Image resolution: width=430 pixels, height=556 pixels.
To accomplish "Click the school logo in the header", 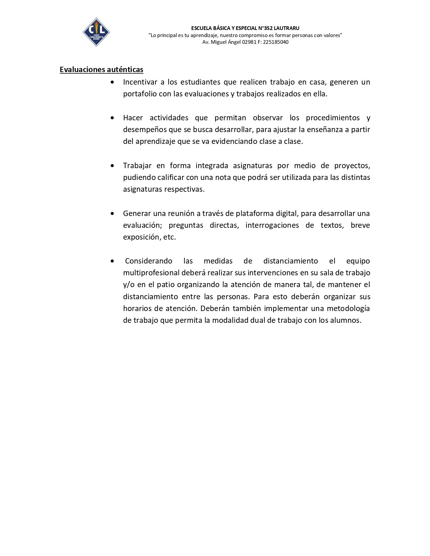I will coord(96,32).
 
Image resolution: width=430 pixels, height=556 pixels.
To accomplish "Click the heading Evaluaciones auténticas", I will coord(102,69).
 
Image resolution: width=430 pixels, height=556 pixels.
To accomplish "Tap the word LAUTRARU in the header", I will coord(286,28).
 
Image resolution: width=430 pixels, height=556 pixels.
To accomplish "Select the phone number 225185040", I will coord(276,42).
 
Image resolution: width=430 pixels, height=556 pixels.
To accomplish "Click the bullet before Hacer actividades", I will coord(112,118).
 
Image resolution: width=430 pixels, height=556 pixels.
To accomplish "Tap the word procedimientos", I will coord(333,118).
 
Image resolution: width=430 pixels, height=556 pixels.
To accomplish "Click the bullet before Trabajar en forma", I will coord(112,166).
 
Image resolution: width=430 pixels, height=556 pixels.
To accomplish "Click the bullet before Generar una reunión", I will coord(112,214).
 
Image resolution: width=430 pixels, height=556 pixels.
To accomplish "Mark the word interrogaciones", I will coord(272,225).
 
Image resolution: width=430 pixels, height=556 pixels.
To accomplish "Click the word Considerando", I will coord(149,261).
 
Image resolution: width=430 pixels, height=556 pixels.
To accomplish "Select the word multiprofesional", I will coord(151,273).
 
